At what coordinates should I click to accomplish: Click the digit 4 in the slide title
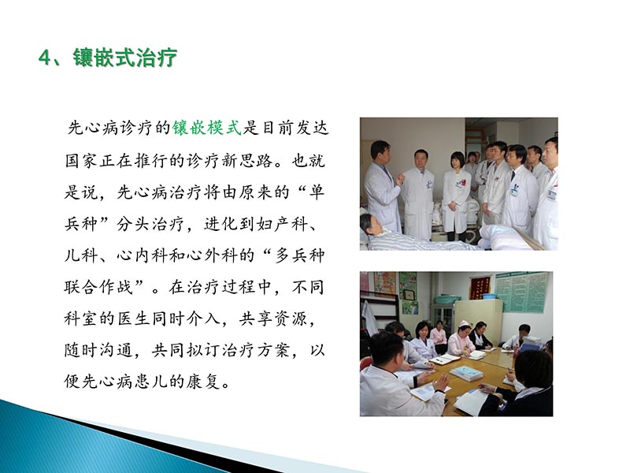[x=45, y=58]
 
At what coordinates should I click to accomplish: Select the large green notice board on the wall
[x=521, y=292]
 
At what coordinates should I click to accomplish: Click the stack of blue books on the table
[x=466, y=372]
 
